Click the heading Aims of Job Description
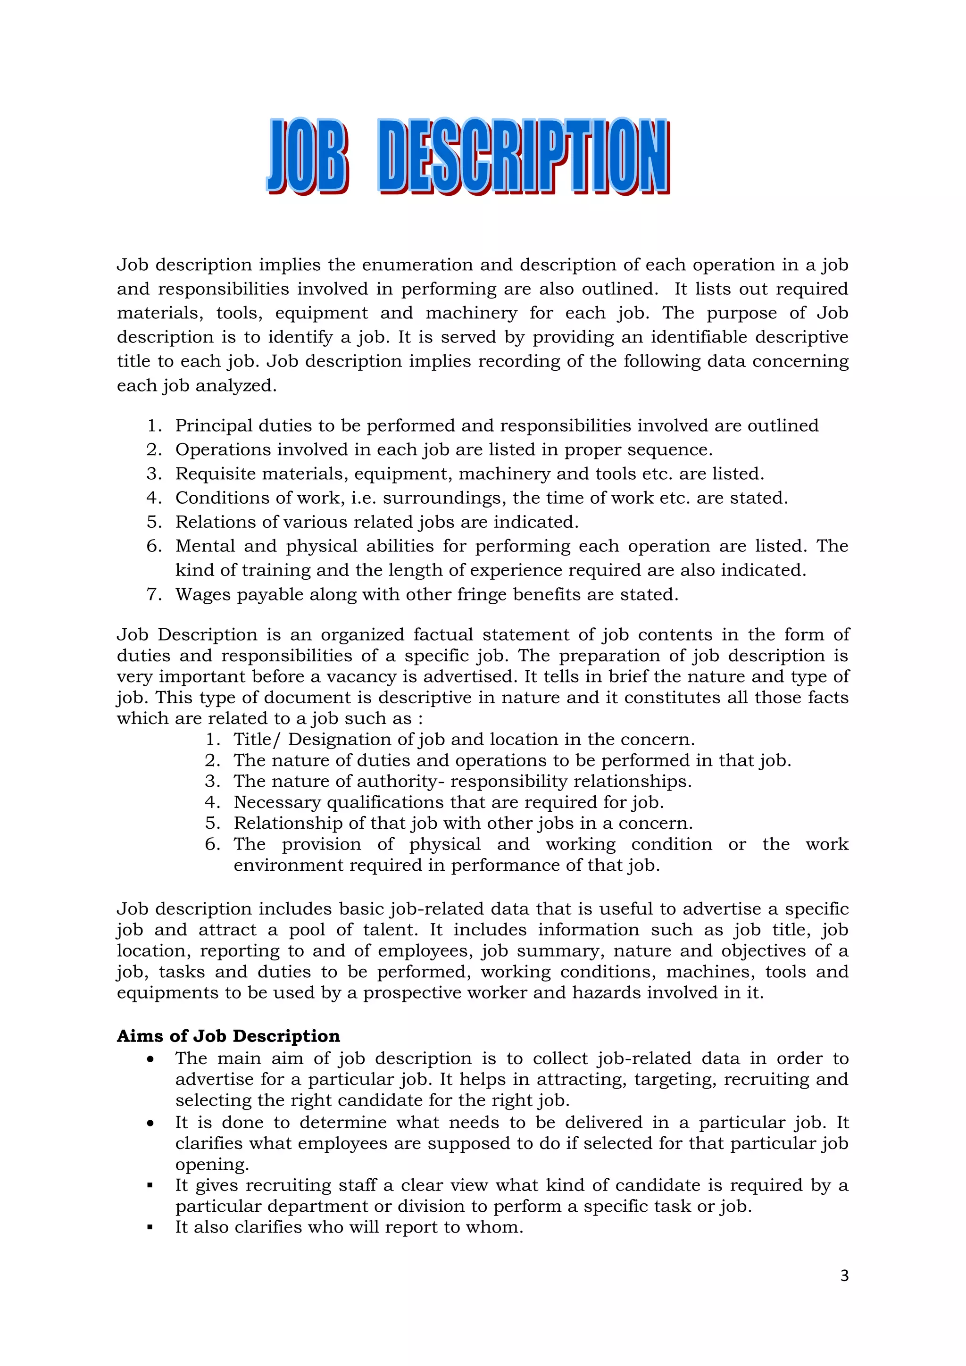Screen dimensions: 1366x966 click(228, 1036)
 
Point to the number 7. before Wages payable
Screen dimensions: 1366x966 click(154, 594)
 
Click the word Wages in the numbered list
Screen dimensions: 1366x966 click(202, 594)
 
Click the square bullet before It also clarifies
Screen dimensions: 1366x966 click(150, 1227)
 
